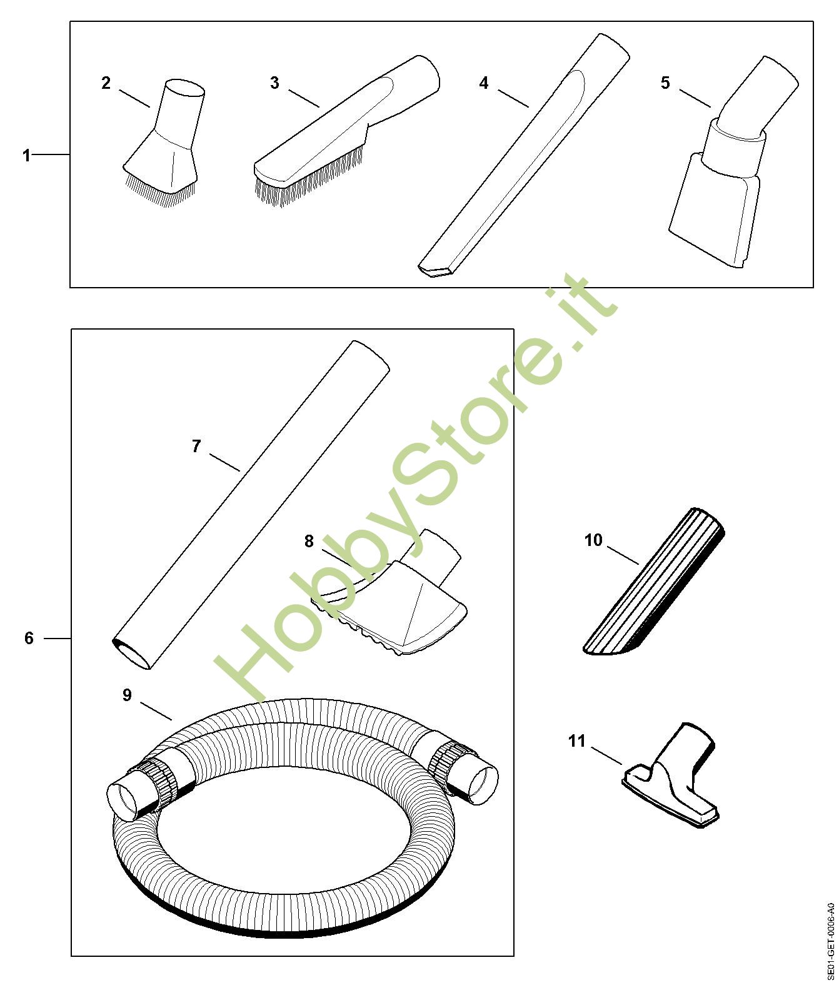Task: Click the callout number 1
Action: coord(27,155)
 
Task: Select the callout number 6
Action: coord(29,638)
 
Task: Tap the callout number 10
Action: coord(593,540)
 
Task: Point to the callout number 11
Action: coord(576,741)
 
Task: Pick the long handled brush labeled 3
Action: coord(346,131)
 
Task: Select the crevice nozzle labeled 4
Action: coord(524,155)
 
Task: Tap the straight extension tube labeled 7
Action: coord(251,505)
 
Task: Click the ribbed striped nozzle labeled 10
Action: coord(654,582)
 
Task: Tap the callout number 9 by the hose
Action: coord(127,695)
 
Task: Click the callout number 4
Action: coord(483,83)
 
